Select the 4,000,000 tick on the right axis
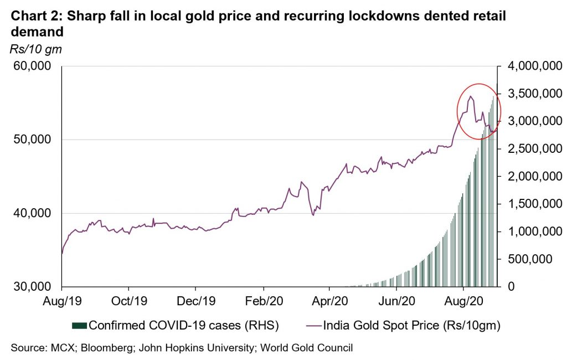click(530, 66)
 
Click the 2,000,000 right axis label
click(530, 177)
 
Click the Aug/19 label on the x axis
click(61, 304)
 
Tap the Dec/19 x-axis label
click(195, 304)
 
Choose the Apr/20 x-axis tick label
click(329, 304)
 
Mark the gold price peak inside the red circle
click(470, 96)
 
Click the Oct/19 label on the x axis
click(128, 304)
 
